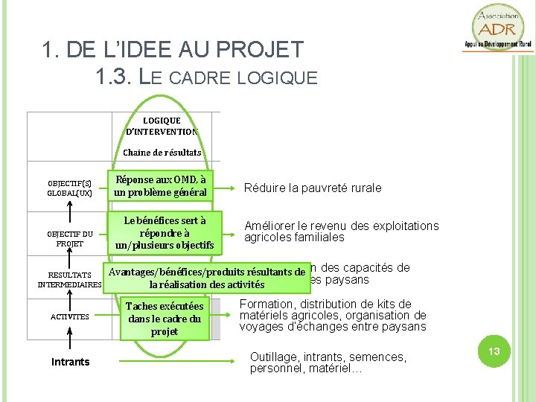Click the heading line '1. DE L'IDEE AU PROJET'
[173, 50]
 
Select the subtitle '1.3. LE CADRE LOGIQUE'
[206, 76]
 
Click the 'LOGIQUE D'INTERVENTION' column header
[162, 126]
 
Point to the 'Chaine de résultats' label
[162, 153]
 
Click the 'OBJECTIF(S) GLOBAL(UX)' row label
[69, 188]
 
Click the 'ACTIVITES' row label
[69, 317]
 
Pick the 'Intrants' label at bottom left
[70, 362]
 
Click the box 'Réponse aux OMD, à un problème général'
[160, 185]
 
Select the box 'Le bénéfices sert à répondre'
[165, 232]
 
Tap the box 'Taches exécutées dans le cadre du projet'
[165, 319]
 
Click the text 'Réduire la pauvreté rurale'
[313, 188]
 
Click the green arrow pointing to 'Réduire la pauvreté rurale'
[224, 188]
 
